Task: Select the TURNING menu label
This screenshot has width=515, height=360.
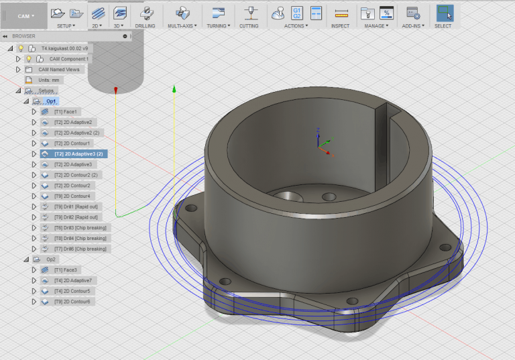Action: (218, 26)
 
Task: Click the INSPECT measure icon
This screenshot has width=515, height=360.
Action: (341, 13)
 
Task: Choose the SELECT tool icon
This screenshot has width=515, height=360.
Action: (443, 13)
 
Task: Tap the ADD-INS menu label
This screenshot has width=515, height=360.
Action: (413, 26)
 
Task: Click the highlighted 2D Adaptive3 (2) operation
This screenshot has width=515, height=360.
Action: (78, 154)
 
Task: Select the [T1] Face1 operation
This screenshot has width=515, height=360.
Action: (66, 111)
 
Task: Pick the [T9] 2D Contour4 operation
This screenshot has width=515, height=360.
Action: (72, 196)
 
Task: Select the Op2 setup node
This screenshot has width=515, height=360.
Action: (51, 259)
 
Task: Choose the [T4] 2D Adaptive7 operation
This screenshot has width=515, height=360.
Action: (73, 280)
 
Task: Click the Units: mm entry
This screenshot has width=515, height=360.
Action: (50, 80)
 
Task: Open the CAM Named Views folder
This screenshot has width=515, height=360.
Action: (59, 69)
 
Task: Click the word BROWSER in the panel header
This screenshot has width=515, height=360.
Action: (24, 36)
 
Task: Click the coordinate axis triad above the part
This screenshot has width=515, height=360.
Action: (321, 141)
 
